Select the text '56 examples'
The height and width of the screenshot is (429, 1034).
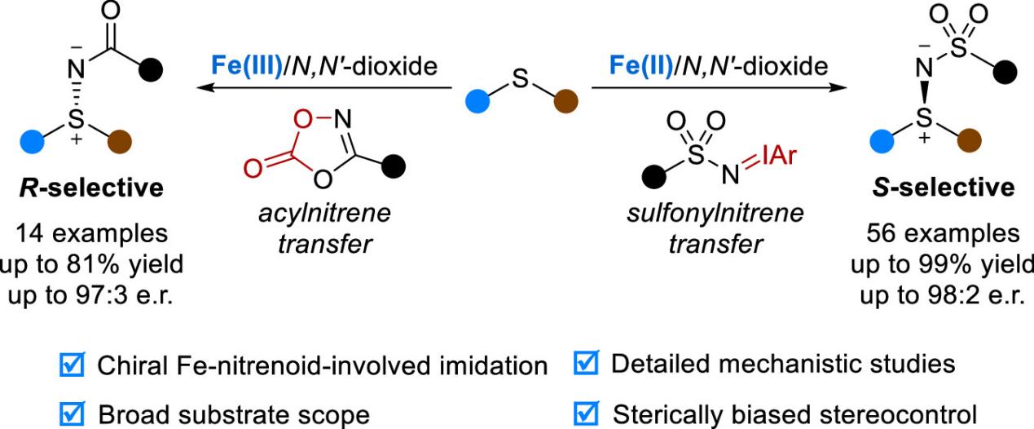tap(946, 233)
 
